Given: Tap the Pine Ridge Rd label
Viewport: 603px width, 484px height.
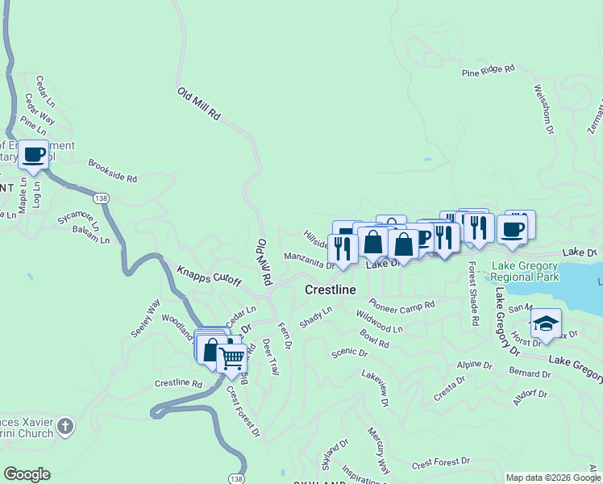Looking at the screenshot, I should pos(488,72).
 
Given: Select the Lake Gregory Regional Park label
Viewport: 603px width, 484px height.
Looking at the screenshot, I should pos(526,272).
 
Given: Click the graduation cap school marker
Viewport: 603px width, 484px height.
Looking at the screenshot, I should pos(546,323).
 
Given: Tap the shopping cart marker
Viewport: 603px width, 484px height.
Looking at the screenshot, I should pos(231,357).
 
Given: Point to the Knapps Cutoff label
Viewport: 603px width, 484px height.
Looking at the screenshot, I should pos(209,275).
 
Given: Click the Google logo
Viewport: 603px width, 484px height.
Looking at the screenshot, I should pos(27,474).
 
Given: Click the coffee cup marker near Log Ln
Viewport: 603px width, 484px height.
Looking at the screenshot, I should pos(33,154).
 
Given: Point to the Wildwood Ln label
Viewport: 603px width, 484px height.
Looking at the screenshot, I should pos(379,323).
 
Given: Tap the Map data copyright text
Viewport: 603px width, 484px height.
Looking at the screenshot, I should pos(553,478).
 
